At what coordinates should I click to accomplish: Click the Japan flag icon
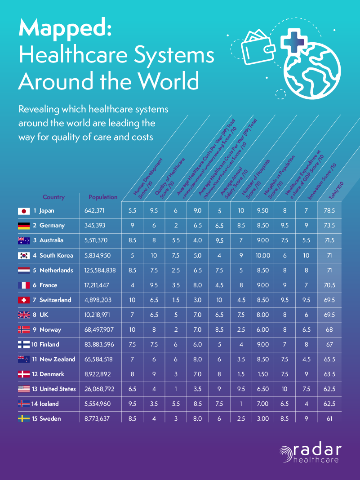(23, 211)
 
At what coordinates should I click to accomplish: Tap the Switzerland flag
(23, 300)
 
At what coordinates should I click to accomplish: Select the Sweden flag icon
(23, 418)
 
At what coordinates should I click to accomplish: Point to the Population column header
(103, 197)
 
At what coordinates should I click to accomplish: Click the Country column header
(53, 197)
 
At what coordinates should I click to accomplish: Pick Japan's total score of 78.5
(331, 211)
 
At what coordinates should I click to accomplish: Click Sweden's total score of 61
(331, 418)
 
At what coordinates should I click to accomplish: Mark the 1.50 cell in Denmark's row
(263, 374)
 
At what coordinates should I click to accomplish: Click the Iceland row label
(49, 404)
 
